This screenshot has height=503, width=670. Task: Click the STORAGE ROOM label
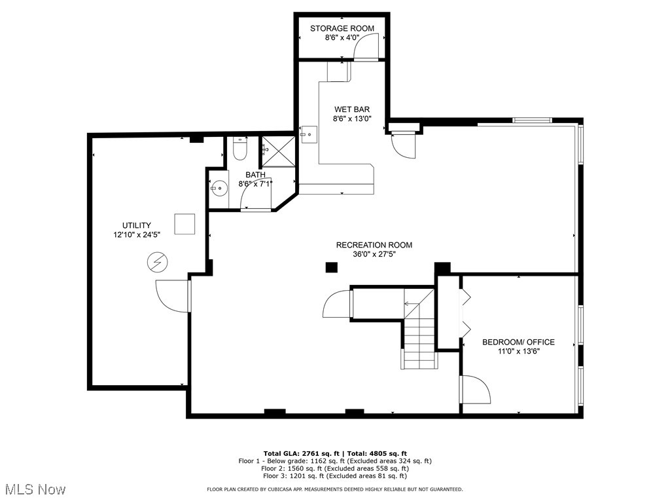point(342,28)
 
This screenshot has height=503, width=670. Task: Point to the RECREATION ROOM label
point(374,245)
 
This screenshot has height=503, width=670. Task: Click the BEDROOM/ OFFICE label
point(518,342)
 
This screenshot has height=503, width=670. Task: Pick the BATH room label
point(255,175)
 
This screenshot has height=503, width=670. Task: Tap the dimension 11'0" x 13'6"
point(518,351)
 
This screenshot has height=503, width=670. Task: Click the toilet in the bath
point(239,149)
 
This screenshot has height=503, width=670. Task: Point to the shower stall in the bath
point(277,151)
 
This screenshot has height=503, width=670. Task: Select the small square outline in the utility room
point(185,223)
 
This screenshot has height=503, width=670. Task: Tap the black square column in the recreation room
point(332,267)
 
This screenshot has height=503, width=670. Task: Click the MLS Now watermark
point(34,489)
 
